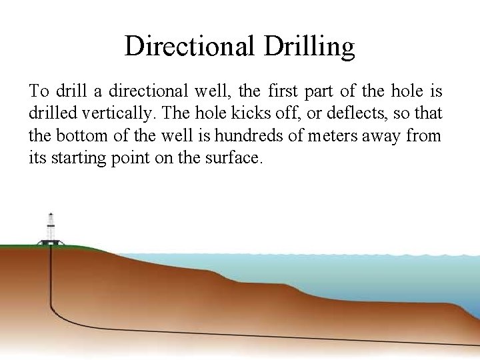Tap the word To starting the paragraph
tap(39, 91)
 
